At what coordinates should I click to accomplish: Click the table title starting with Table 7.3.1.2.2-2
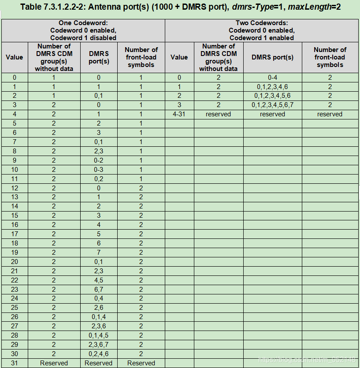pyautogui.click(x=180, y=7)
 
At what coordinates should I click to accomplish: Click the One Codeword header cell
pyautogui.click(x=83, y=30)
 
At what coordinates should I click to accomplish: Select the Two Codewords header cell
pyautogui.click(x=262, y=30)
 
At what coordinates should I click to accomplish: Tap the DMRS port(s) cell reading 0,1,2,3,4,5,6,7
pyautogui.click(x=272, y=105)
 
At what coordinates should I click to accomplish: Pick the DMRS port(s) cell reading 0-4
pyautogui.click(x=272, y=78)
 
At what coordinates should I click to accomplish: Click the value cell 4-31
pyautogui.click(x=179, y=114)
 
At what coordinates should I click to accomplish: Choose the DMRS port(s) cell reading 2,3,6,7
pyautogui.click(x=99, y=345)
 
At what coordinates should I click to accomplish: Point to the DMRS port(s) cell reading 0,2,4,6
pyautogui.click(x=99, y=354)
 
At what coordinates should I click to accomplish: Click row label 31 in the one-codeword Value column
pyautogui.click(x=14, y=363)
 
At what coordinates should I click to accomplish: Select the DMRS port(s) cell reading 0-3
pyautogui.click(x=99, y=169)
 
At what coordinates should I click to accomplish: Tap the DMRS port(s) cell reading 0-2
pyautogui.click(x=99, y=160)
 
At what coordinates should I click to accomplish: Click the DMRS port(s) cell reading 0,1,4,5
pyautogui.click(x=99, y=335)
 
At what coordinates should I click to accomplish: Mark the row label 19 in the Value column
pyautogui.click(x=14, y=253)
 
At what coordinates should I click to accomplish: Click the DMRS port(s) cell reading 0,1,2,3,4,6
pyautogui.click(x=272, y=87)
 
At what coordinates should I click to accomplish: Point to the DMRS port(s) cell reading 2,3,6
pyautogui.click(x=99, y=326)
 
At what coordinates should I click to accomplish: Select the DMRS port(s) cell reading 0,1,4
pyautogui.click(x=99, y=317)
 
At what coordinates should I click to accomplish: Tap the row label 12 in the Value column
pyautogui.click(x=14, y=188)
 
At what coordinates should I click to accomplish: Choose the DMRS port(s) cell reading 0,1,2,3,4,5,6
pyautogui.click(x=272, y=96)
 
